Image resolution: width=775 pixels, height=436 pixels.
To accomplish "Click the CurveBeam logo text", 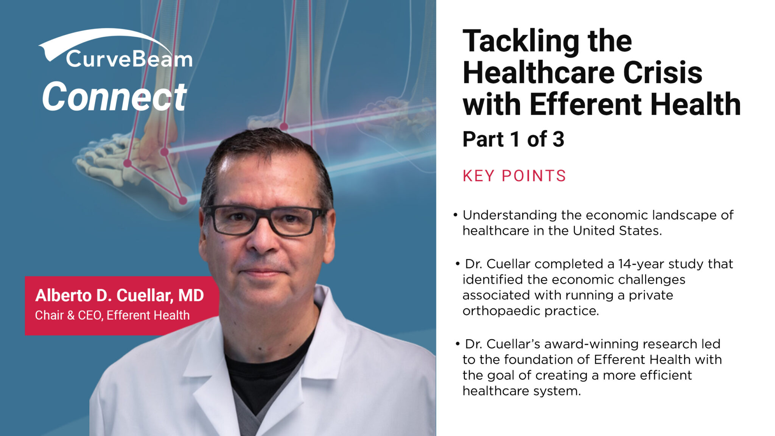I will (x=129, y=59).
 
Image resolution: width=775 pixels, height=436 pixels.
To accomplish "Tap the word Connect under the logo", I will (x=114, y=97).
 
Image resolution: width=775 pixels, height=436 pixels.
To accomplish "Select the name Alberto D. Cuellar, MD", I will (x=120, y=296).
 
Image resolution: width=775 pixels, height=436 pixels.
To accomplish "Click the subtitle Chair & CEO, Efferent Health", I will (x=112, y=315).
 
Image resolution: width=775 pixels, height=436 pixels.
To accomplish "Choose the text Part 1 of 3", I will (x=513, y=139).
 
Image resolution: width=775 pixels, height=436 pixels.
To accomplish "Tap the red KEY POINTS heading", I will (x=514, y=176).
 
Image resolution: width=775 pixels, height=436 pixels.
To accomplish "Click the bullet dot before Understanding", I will (x=456, y=215).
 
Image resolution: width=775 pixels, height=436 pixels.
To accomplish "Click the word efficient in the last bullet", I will (x=666, y=375).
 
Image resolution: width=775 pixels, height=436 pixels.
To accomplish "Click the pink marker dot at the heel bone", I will (x=183, y=201).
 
